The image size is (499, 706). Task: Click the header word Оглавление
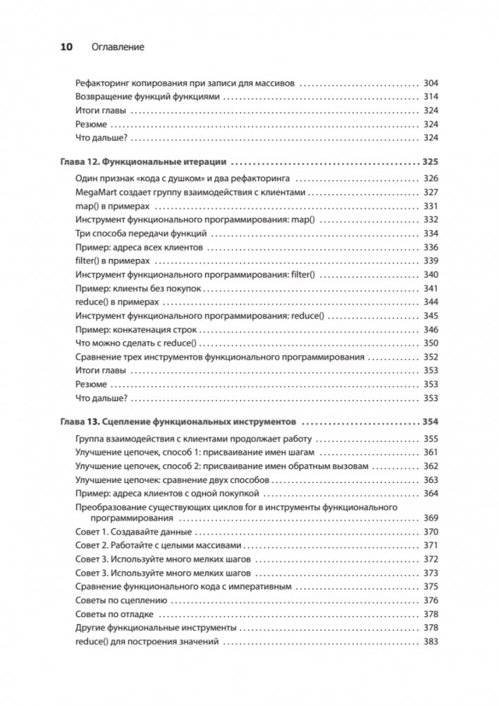click(x=118, y=47)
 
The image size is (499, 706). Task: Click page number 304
click(x=430, y=83)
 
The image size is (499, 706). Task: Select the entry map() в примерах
click(x=113, y=207)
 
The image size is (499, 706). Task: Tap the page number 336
click(x=430, y=248)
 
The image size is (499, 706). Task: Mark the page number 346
click(x=430, y=329)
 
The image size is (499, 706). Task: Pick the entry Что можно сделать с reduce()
click(x=138, y=343)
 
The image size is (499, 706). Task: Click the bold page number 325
click(x=430, y=162)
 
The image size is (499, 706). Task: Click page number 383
click(x=430, y=642)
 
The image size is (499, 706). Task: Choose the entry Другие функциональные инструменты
click(x=154, y=628)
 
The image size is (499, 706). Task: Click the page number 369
click(x=430, y=518)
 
